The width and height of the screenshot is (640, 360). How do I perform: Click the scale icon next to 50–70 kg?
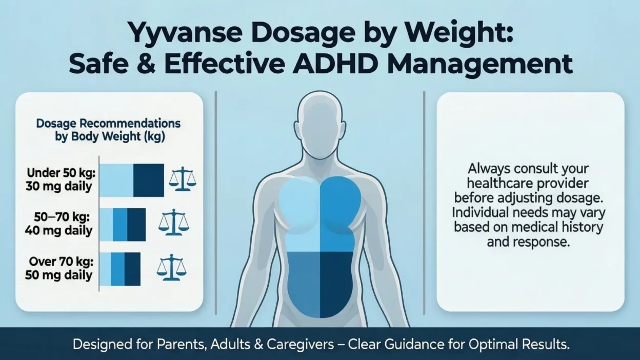point(173,222)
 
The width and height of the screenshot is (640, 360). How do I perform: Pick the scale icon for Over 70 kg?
point(171,267)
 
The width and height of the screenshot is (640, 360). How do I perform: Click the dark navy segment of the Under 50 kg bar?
point(149,181)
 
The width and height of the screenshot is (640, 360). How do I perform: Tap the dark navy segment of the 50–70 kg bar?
point(136,225)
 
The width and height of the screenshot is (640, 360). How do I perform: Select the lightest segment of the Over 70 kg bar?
point(105,269)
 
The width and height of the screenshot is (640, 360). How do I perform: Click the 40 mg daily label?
point(59,231)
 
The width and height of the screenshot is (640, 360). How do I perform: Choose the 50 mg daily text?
point(59,276)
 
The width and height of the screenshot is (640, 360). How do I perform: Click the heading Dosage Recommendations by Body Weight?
point(108,130)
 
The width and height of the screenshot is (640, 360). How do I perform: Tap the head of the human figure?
point(320,121)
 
